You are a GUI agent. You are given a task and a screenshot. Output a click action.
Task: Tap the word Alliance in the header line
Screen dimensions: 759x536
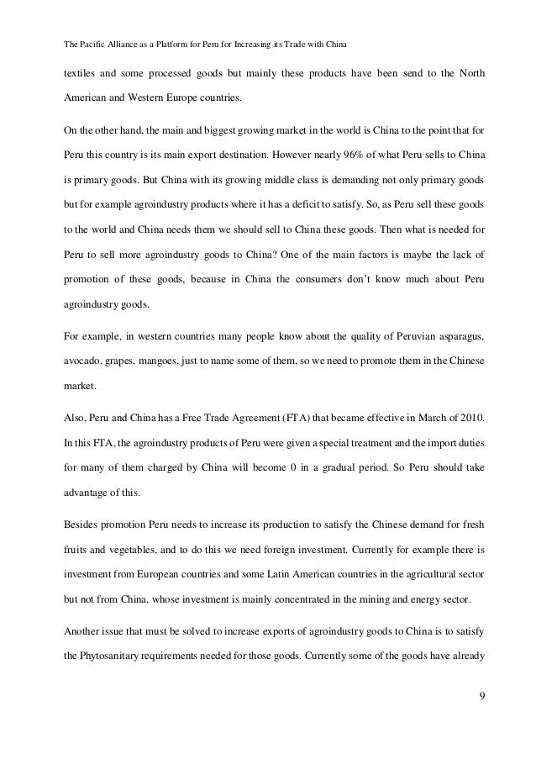pos(115,43)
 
